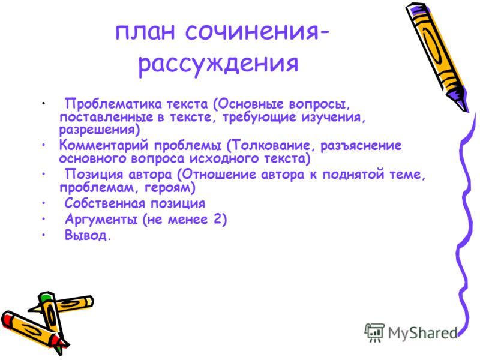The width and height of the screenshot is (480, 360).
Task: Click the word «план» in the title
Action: (145, 32)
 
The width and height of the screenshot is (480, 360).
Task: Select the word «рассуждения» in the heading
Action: (218, 64)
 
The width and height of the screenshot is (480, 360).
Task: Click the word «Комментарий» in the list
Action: (103, 145)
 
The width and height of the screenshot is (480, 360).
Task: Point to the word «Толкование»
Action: (271, 145)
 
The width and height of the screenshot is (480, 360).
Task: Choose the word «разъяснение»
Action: (361, 146)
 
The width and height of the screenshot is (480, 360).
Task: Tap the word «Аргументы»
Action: (101, 220)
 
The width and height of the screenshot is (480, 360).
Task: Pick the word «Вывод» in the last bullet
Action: (85, 235)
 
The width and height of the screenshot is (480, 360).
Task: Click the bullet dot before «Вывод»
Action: (44, 235)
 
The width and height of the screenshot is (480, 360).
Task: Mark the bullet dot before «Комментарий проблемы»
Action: (44, 145)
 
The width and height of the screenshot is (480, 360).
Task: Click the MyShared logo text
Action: (422, 333)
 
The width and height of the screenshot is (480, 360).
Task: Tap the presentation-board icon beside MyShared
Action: (374, 332)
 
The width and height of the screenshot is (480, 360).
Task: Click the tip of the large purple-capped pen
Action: (466, 111)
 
